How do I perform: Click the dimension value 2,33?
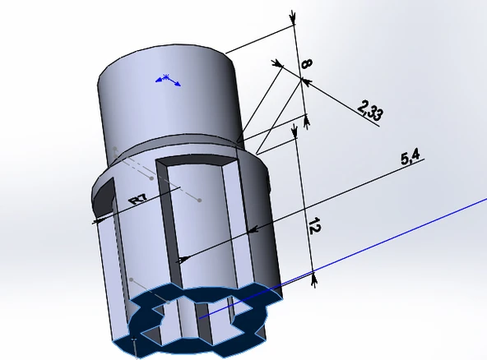tap(369, 110)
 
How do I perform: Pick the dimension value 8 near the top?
tap(305, 63)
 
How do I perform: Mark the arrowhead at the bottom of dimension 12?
tap(313, 278)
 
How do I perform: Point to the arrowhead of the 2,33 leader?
tap(304, 81)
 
